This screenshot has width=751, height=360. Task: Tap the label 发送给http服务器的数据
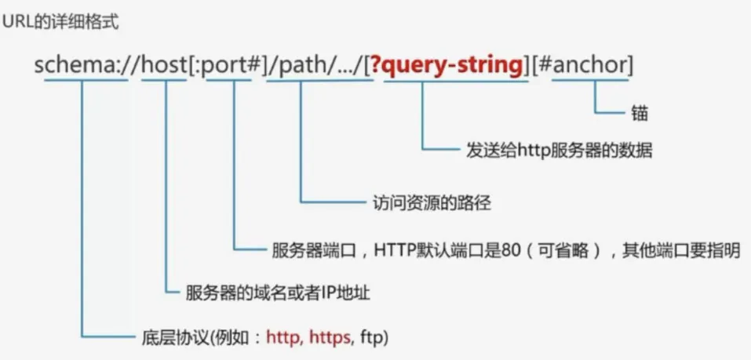pyautogui.click(x=559, y=150)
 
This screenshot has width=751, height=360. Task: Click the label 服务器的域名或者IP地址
pyautogui.click(x=277, y=293)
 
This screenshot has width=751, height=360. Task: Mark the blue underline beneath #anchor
pyautogui.click(x=589, y=81)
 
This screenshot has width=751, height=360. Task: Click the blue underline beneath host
pyautogui.click(x=166, y=81)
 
